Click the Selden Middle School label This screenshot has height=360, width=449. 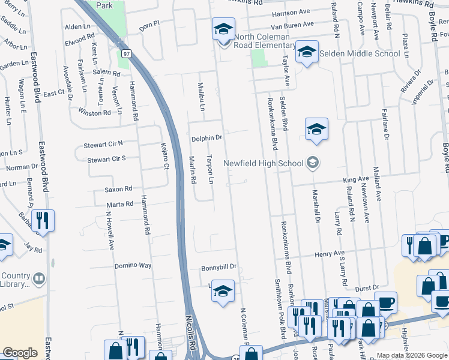pyautogui.click(x=360, y=53)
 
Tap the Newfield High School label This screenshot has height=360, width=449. pyautogui.click(x=263, y=163)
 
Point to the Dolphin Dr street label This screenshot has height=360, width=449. pyautogui.click(x=206, y=138)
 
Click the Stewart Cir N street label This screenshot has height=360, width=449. pyautogui.click(x=103, y=144)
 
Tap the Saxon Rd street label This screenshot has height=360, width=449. pyautogui.click(x=118, y=189)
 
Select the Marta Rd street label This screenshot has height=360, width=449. pyautogui.click(x=120, y=205)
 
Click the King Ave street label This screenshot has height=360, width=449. pyautogui.click(x=355, y=179)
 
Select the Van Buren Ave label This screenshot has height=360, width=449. pyautogui.click(x=292, y=25)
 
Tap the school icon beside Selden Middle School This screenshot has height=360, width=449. pyautogui.click(x=307, y=52)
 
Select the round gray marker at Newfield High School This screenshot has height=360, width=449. pyautogui.click(x=312, y=163)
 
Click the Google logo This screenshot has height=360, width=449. pyautogui.click(x=20, y=353)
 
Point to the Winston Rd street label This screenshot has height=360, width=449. pyautogui.click(x=94, y=112)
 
